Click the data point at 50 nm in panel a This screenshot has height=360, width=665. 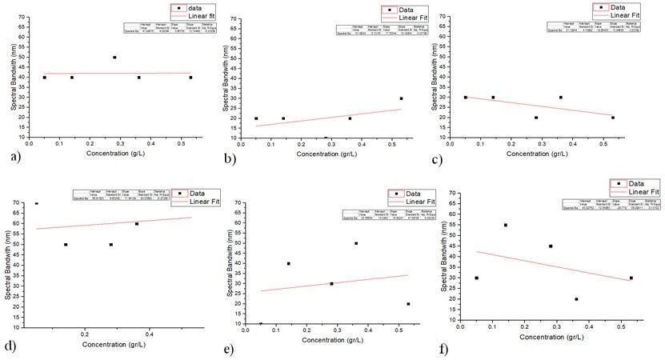pyautogui.click(x=114, y=58)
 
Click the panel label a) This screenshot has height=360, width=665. pyautogui.click(x=10, y=159)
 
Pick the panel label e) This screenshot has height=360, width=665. pyautogui.click(x=229, y=349)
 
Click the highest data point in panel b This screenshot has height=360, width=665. pyautogui.click(x=401, y=98)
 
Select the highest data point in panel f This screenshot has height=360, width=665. pyautogui.click(x=506, y=226)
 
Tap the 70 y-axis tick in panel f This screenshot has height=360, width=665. pyautogui.click(x=453, y=194)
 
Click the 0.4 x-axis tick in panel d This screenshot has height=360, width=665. pyautogui.click(x=150, y=334)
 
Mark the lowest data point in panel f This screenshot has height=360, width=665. pyautogui.click(x=576, y=299)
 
